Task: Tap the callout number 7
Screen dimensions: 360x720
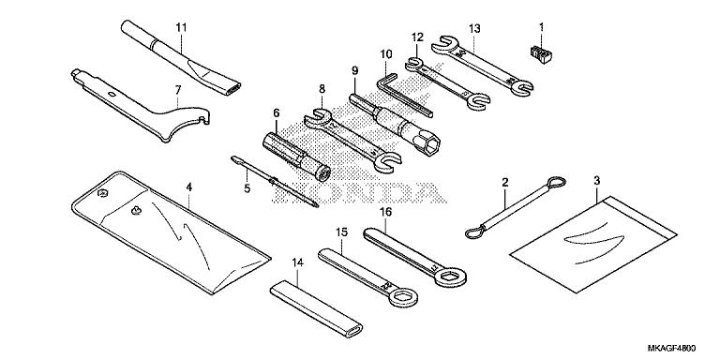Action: point(176,91)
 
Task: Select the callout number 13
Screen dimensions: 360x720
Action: point(474,28)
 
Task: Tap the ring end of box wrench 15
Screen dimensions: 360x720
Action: point(404,299)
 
